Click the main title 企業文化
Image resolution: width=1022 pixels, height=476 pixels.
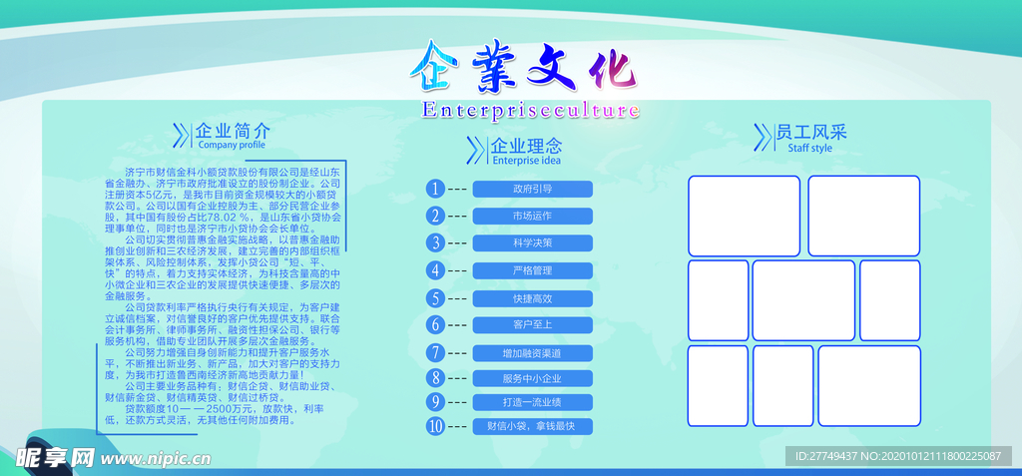tap(522, 66)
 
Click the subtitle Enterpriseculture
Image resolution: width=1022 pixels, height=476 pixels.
tap(530, 110)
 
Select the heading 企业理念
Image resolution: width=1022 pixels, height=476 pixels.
tap(527, 146)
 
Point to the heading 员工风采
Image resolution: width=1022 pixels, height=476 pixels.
tap(810, 132)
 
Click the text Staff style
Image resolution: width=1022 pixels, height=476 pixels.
tap(809, 148)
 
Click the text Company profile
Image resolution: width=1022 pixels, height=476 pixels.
tap(232, 146)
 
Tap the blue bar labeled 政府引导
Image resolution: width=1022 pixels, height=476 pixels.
tap(532, 189)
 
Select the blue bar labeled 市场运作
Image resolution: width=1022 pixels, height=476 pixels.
tap(532, 216)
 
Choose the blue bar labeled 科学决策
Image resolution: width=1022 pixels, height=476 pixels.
tap(532, 242)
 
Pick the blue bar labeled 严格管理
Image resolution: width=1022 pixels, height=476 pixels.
tap(532, 270)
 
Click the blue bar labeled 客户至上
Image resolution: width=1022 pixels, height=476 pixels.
tap(532, 324)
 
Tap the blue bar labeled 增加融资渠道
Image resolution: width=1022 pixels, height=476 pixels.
tap(532, 352)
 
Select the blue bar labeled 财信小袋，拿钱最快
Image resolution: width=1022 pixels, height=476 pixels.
tap(532, 426)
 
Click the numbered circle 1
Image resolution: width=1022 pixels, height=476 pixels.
tap(434, 189)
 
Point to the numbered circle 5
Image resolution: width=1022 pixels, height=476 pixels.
tap(434, 297)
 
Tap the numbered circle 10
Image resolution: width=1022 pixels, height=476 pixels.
tap(434, 426)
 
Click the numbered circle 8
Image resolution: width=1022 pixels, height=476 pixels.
tap(434, 377)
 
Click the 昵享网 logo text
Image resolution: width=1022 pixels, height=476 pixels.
tap(55, 457)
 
